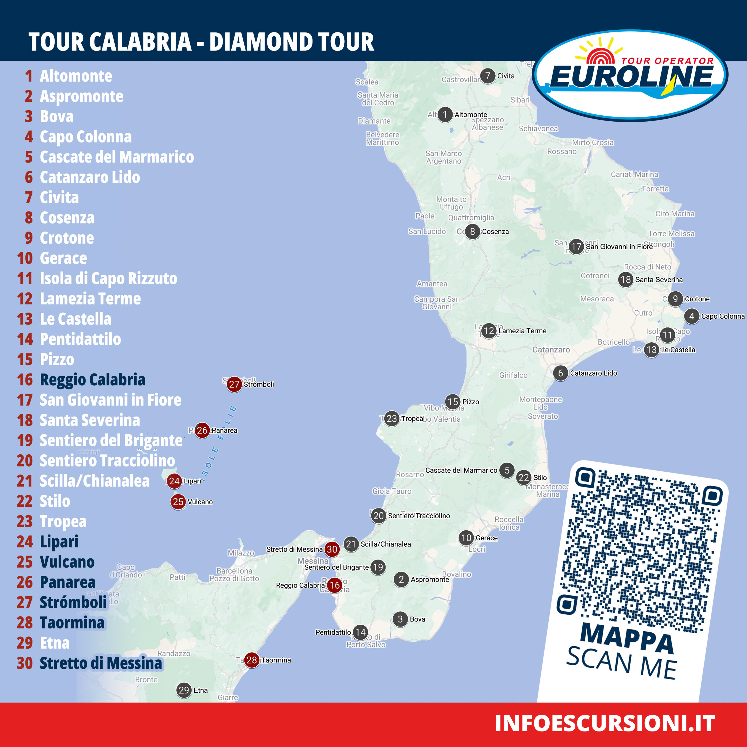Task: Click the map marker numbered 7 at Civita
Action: [x=488, y=76]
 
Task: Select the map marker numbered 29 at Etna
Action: [x=184, y=690]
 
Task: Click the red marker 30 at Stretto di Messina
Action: [x=332, y=549]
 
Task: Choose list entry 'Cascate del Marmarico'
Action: [x=117, y=157]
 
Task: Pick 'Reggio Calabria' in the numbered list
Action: [x=92, y=380]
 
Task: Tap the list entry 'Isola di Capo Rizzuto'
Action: [x=108, y=278]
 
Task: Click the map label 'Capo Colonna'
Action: [x=723, y=316]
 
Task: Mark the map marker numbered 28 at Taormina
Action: [x=252, y=660]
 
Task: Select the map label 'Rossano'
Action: [x=562, y=151]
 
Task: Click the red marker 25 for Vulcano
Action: [x=178, y=502]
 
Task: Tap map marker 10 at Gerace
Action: [x=466, y=538]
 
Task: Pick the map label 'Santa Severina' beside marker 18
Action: [x=659, y=279]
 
